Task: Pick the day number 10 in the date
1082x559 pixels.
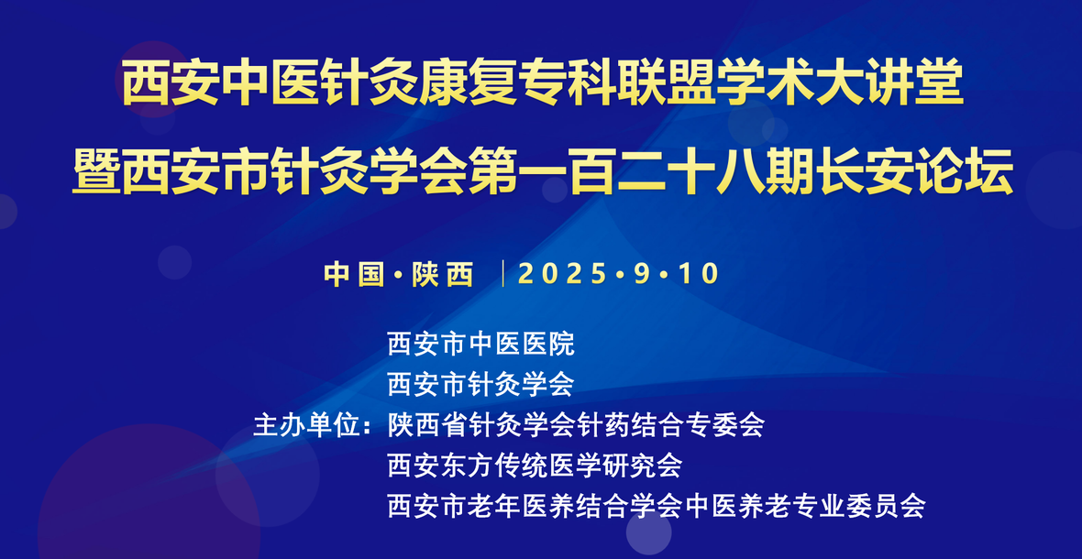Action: pyautogui.click(x=699, y=274)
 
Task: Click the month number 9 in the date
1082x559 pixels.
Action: pyautogui.click(x=642, y=274)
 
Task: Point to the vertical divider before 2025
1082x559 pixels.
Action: pyautogui.click(x=503, y=274)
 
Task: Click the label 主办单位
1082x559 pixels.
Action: pyautogui.click(x=308, y=424)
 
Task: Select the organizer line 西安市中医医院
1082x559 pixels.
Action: pyautogui.click(x=481, y=344)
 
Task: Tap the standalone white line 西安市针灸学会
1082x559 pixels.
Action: pyautogui.click(x=481, y=384)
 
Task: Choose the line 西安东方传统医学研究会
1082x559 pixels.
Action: pyautogui.click(x=535, y=466)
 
